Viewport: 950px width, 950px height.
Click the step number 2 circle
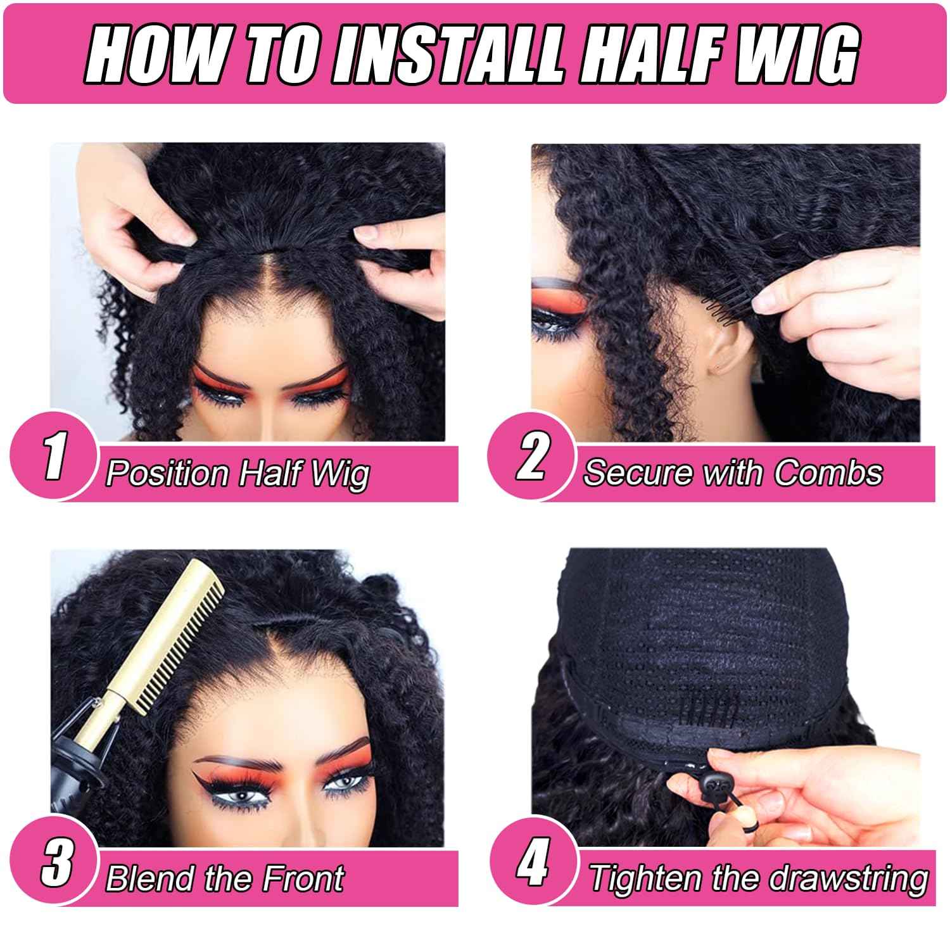531,456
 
